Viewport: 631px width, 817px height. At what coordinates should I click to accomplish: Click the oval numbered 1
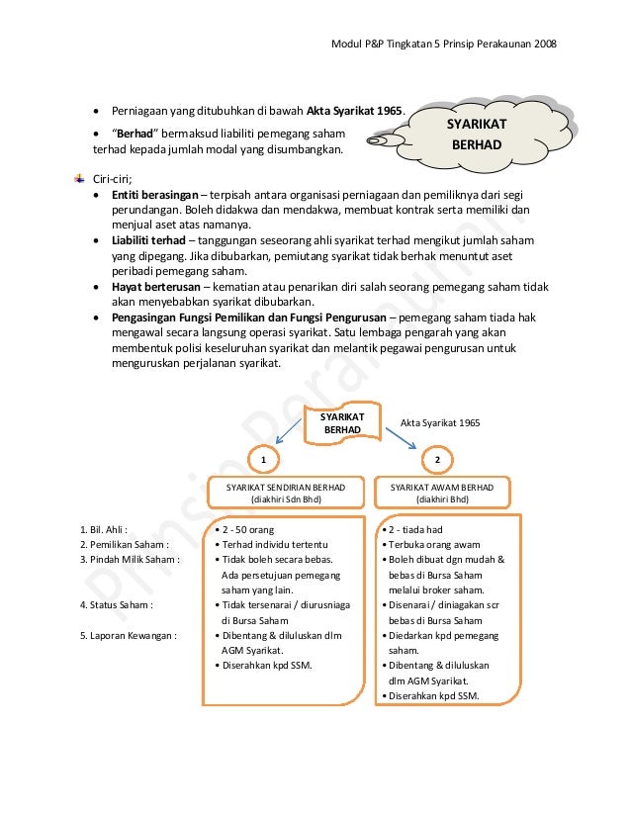coord(263,460)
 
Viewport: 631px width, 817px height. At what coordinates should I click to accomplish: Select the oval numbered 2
coord(437,460)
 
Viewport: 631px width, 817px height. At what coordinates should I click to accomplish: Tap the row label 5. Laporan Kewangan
coord(129,635)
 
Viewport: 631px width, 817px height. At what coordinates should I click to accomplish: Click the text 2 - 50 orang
coord(246,529)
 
